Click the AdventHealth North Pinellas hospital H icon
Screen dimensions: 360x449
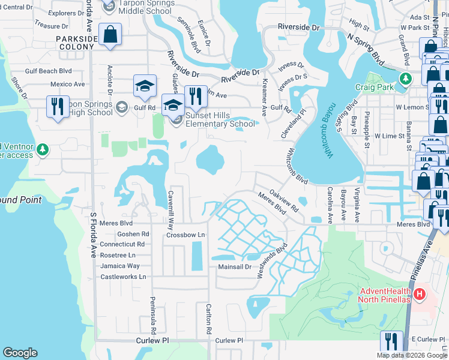point(420,295)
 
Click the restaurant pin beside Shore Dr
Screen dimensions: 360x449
point(58,107)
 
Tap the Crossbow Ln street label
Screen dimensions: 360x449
point(185,235)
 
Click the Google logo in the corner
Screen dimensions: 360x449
point(20,353)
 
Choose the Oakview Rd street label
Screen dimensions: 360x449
point(284,200)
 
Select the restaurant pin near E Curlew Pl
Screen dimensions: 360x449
point(391,341)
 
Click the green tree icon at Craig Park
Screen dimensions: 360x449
point(406,78)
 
